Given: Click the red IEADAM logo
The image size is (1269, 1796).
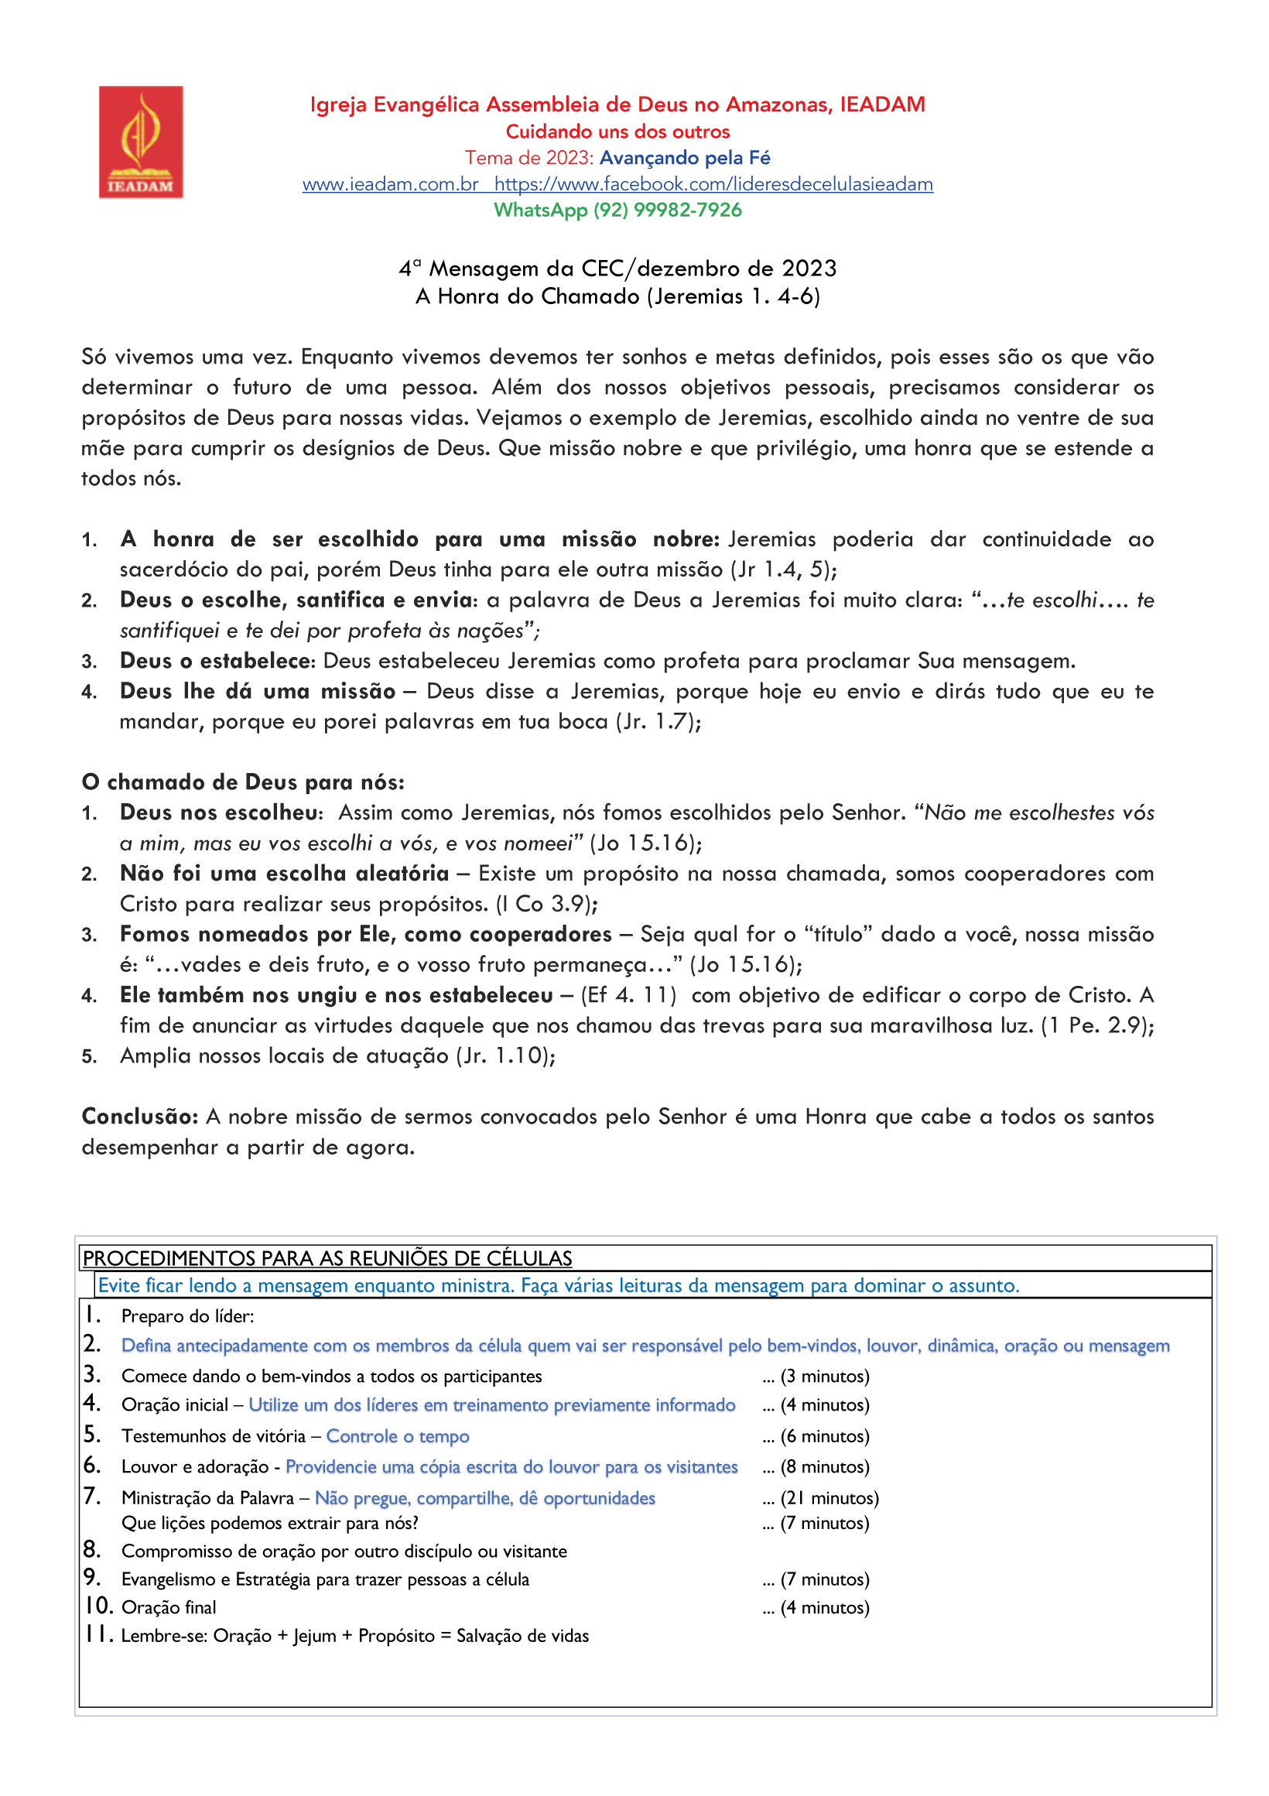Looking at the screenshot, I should [141, 142].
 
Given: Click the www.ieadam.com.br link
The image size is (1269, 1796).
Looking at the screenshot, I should [391, 185].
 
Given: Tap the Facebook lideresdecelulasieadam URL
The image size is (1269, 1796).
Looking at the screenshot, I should [713, 185].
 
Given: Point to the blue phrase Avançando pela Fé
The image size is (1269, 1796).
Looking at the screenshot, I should [685, 158].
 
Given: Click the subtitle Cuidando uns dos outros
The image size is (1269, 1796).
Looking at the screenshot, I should [617, 132].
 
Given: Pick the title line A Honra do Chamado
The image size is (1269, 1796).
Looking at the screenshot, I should [617, 296].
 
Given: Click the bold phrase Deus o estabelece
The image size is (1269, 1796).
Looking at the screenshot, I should [216, 661].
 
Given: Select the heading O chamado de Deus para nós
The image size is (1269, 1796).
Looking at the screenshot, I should [242, 782].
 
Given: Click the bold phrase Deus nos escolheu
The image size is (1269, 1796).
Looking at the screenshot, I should [220, 812].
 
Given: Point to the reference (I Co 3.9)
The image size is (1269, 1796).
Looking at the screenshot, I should [546, 905].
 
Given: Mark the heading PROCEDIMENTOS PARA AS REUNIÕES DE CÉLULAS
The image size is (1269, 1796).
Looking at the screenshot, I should [327, 1259].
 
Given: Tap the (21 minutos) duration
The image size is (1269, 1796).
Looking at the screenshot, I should [829, 1498].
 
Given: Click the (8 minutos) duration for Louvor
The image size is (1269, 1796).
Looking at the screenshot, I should [825, 1466].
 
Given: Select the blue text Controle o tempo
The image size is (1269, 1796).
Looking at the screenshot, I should [398, 1436].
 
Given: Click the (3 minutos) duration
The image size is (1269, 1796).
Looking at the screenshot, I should [825, 1376].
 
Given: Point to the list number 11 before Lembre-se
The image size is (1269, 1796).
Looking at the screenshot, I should [99, 1634].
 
